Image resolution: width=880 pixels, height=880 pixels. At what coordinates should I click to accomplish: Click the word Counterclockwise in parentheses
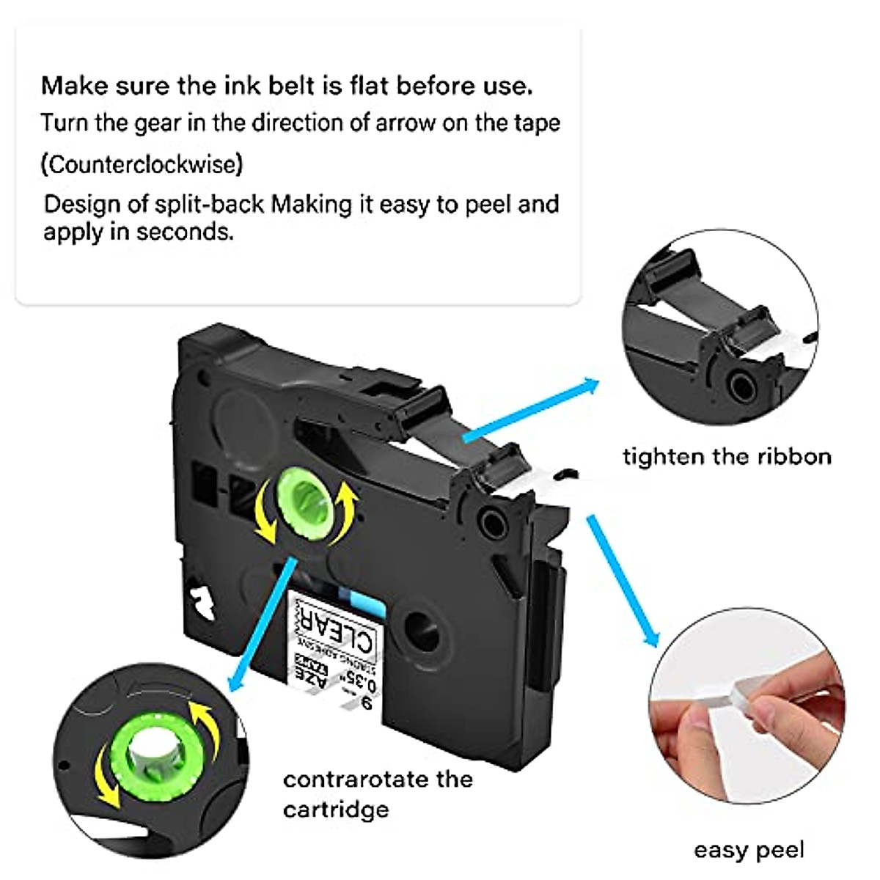click(142, 164)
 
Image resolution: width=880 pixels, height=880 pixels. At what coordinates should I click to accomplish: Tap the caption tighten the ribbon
click(727, 457)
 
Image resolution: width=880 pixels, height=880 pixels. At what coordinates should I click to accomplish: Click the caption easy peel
click(749, 850)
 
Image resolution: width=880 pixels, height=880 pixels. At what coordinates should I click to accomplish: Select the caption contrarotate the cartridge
click(377, 793)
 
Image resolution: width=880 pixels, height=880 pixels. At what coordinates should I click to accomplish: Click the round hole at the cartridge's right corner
click(489, 521)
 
